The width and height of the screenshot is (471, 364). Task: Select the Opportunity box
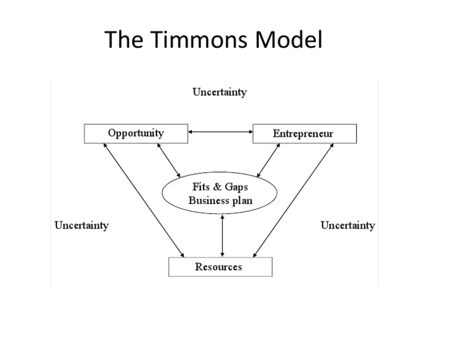(x=136, y=133)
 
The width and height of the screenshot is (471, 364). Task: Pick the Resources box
(x=219, y=267)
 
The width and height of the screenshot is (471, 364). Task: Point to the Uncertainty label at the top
(x=220, y=93)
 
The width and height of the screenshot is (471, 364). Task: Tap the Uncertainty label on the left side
(x=82, y=225)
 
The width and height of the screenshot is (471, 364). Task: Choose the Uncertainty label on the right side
(x=348, y=225)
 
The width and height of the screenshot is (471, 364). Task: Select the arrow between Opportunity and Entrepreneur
(x=219, y=131)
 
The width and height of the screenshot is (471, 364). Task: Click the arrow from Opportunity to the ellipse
(x=168, y=161)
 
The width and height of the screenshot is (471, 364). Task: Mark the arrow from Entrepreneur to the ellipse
(x=268, y=161)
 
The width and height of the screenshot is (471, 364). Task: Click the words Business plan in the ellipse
(x=220, y=200)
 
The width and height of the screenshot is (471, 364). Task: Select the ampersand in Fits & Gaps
(x=217, y=187)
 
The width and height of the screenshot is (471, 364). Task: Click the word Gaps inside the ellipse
(x=235, y=187)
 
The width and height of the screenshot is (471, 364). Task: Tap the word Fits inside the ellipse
(x=202, y=187)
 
